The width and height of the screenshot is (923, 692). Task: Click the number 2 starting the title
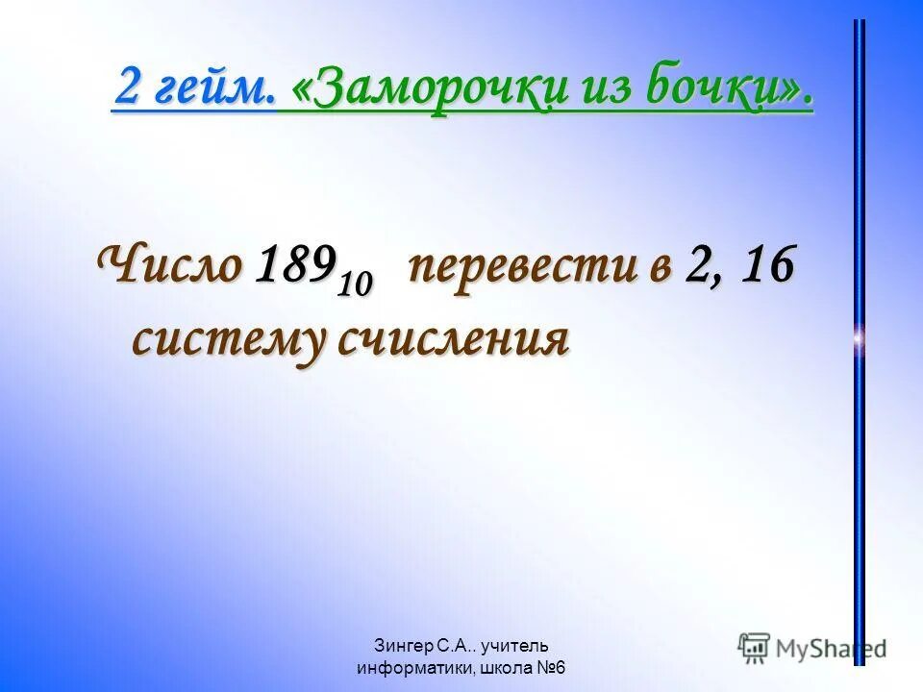coord(127,89)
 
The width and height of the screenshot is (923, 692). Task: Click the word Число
coord(170,265)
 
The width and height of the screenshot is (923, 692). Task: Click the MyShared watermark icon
coord(755,647)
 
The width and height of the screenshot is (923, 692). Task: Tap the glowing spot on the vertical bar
coord(859,337)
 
